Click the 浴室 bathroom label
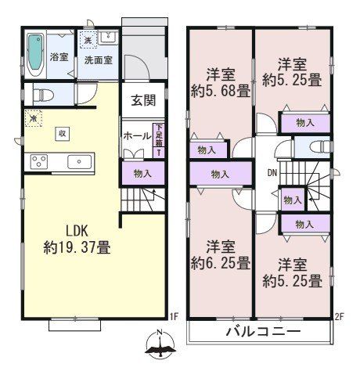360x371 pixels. [59, 57]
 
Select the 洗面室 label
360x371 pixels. [99, 57]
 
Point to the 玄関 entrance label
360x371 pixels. [142, 100]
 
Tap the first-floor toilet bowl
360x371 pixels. [41, 94]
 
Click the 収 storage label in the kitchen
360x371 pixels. [61, 133]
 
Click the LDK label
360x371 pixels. [75, 231]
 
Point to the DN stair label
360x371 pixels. [272, 174]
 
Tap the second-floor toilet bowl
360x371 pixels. [319, 149]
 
